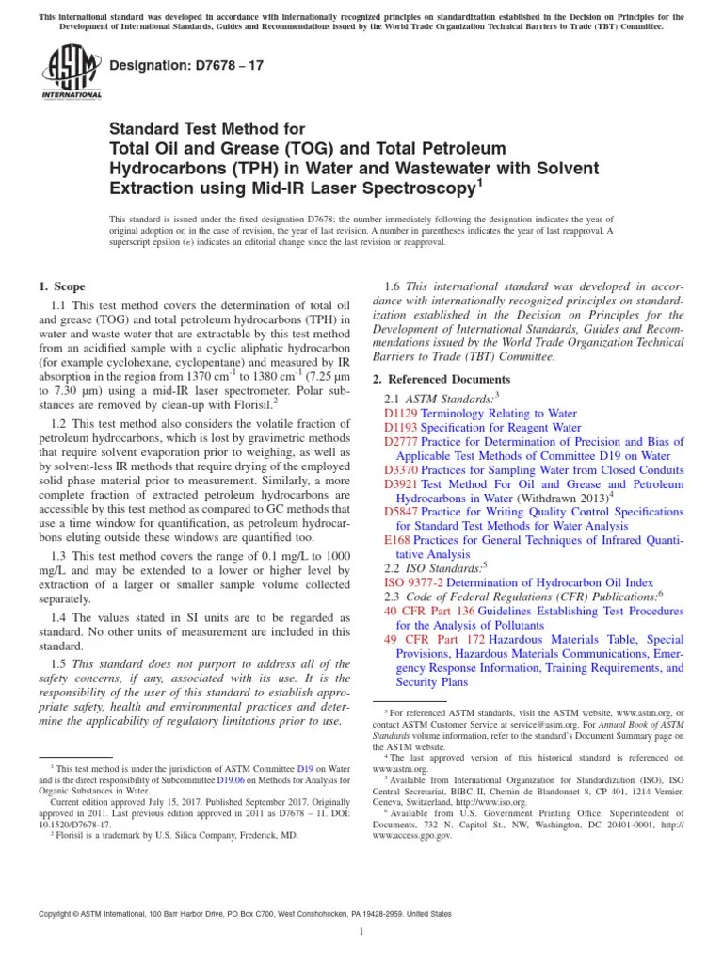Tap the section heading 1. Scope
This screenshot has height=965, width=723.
[62, 286]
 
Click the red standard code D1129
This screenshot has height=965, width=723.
[401, 413]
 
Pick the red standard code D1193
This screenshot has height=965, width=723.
[401, 427]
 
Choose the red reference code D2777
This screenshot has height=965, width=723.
[401, 441]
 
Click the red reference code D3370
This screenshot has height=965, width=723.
[401, 469]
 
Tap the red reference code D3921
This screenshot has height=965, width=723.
[401, 483]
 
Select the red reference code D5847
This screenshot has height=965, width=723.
[401, 512]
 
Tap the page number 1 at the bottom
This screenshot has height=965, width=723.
[361, 931]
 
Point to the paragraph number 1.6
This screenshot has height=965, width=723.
[394, 286]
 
